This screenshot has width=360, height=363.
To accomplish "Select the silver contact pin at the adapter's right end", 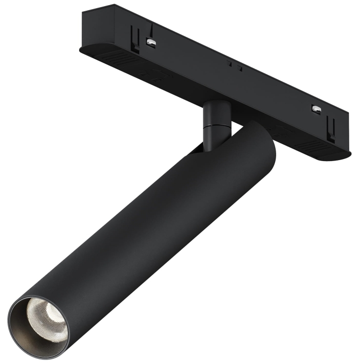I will point(317,108).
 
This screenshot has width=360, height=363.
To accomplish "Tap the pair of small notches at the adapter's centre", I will point(233,65).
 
